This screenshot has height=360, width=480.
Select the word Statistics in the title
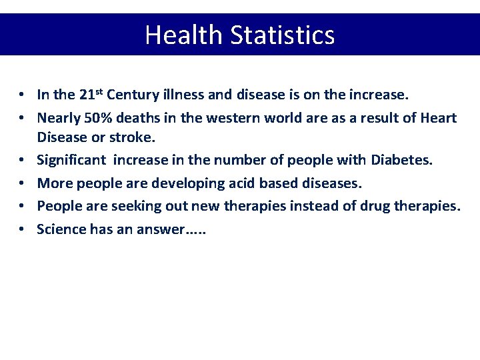tap(283, 35)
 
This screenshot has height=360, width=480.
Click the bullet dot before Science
tap(22, 229)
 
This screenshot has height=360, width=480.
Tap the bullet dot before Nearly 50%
tap(22, 118)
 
